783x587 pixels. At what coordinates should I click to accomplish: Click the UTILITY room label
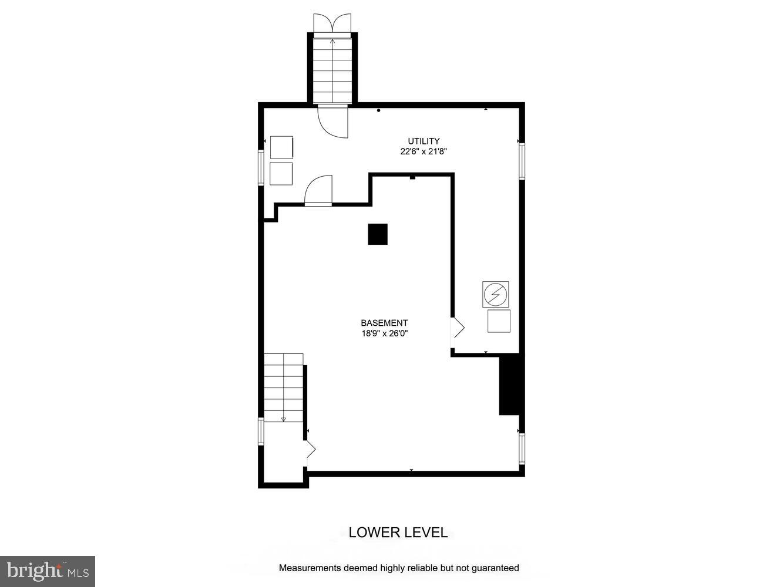424,141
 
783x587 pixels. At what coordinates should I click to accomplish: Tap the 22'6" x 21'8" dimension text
424,151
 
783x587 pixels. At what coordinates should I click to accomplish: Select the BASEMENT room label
384,323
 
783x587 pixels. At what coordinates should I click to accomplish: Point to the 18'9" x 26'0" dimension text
384,334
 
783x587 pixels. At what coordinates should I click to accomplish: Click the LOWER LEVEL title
398,532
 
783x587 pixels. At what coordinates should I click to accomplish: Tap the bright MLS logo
48,571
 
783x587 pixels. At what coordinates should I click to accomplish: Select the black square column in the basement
378,234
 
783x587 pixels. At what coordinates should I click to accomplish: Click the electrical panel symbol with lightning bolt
495,293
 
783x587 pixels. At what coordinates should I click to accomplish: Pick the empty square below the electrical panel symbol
499,321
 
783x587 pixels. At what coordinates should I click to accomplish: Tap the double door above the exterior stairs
332,25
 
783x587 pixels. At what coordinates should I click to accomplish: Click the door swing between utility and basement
320,191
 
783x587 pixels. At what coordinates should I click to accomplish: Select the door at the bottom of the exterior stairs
332,122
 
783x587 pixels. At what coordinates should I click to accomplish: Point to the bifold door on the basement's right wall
457,328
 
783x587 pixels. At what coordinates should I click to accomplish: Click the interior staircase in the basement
284,387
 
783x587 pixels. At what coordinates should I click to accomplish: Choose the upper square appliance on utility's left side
281,147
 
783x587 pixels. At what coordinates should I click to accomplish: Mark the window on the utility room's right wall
521,161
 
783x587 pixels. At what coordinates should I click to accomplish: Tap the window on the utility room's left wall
261,168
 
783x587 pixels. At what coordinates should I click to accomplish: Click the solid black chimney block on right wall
508,384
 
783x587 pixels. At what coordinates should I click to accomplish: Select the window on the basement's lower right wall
521,449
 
